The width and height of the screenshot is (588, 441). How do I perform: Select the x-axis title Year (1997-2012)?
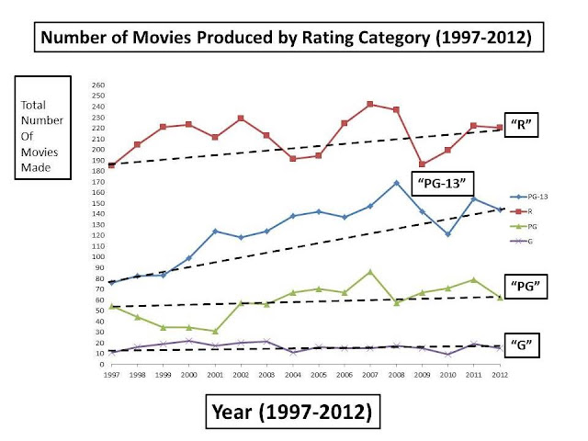click(x=288, y=412)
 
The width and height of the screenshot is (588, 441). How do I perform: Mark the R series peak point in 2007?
click(x=369, y=104)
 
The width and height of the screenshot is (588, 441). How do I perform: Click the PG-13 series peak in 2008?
click(x=395, y=183)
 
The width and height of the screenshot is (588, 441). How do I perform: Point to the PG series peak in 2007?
click(x=369, y=272)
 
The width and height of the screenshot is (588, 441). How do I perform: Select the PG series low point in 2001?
click(x=214, y=331)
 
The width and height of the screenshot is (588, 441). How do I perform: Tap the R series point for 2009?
click(x=422, y=164)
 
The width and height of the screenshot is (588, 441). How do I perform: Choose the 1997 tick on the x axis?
click(x=111, y=375)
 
